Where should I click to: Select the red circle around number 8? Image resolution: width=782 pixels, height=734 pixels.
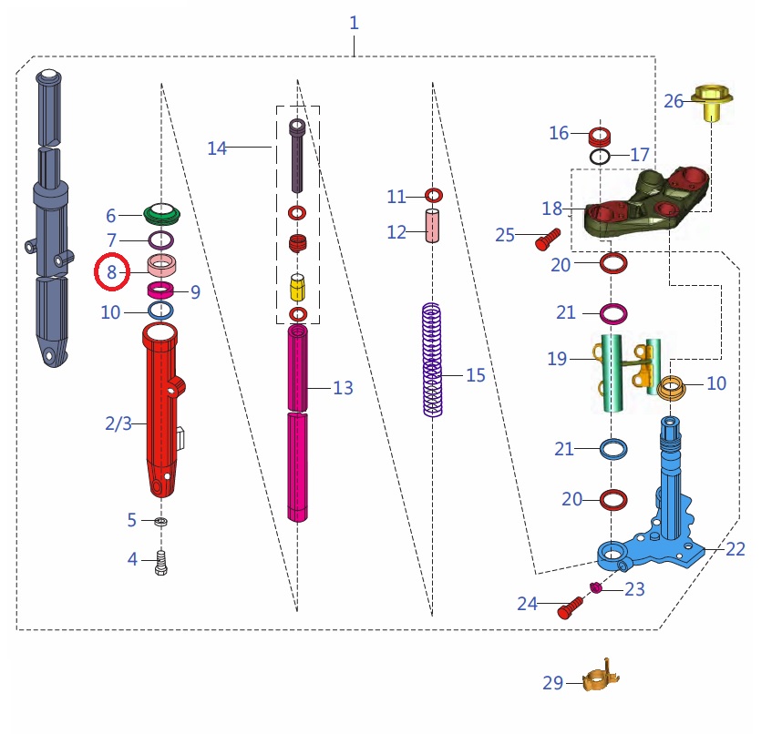112,272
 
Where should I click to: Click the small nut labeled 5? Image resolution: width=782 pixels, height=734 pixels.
161,522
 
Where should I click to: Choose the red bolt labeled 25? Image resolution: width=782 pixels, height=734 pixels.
543,240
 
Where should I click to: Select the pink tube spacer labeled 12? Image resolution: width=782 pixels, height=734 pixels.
432,227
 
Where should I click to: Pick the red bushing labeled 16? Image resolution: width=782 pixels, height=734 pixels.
599,138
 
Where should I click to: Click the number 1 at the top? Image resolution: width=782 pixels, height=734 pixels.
355,23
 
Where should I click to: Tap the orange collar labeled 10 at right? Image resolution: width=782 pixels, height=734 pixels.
672,389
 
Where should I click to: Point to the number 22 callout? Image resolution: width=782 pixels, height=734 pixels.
736,548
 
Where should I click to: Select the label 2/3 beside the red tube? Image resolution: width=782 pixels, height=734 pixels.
118,423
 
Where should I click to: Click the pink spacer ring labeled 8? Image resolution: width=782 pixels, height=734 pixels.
162,268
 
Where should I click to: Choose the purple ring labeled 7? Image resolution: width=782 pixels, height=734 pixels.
161,240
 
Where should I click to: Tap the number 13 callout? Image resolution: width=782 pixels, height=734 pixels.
343,388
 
